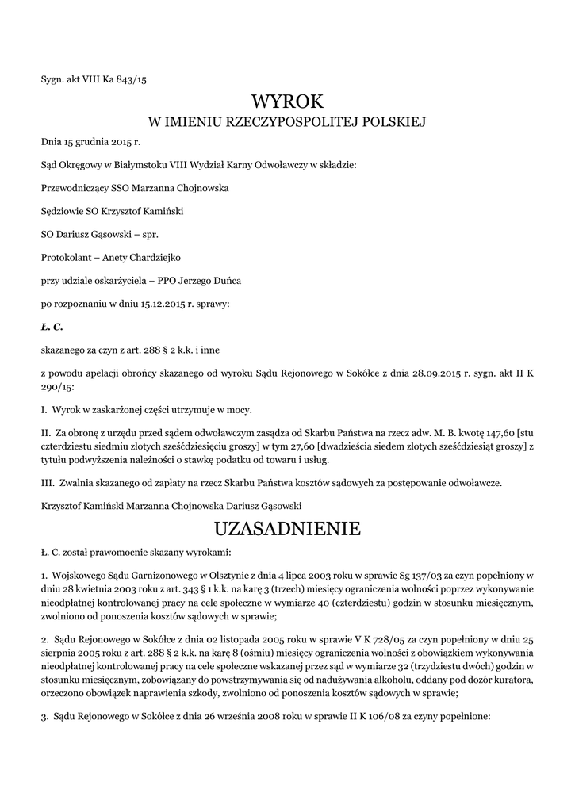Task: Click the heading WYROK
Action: point(287,101)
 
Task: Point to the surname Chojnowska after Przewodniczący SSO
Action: point(201,189)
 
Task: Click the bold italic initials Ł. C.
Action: point(52,326)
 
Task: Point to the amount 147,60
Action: point(498,433)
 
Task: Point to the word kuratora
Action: point(513,679)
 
